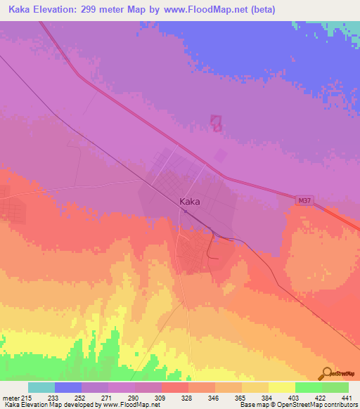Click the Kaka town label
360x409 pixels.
click(190, 202)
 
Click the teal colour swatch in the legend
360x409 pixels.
click(41, 387)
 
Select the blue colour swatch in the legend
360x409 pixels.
click(68, 387)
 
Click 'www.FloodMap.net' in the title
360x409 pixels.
click(209, 10)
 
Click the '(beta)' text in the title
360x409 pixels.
click(260, 10)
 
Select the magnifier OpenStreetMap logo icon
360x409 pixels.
click(325, 372)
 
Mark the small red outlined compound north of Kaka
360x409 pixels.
click(217, 124)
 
